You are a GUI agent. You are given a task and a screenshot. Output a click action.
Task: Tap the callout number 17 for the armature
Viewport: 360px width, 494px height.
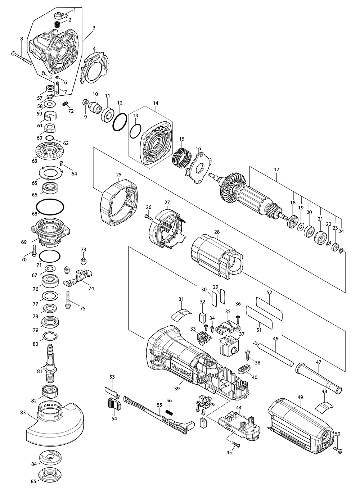276,168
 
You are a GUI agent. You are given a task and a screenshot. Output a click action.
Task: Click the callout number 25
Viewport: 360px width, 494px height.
118,175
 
